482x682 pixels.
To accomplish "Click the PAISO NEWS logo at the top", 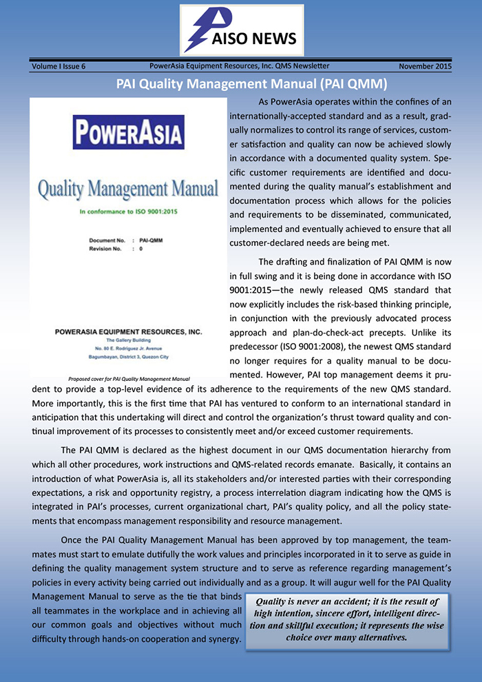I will [241, 30].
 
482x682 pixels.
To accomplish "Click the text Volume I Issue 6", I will [59, 66].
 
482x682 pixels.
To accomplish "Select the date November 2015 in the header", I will [425, 66].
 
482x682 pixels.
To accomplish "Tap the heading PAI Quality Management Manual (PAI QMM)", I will [241, 85].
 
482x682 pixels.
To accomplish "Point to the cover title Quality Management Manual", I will [128, 188].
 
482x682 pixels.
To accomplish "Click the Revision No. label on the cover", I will [108, 248].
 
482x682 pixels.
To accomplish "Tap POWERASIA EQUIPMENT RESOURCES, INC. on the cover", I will [128, 332].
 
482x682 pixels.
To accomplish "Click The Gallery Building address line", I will [129, 340].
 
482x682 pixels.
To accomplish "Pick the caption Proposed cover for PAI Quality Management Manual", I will [129, 378].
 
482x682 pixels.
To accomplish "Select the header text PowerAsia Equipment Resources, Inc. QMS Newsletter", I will [239, 66].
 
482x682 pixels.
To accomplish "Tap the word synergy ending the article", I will [222, 641].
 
